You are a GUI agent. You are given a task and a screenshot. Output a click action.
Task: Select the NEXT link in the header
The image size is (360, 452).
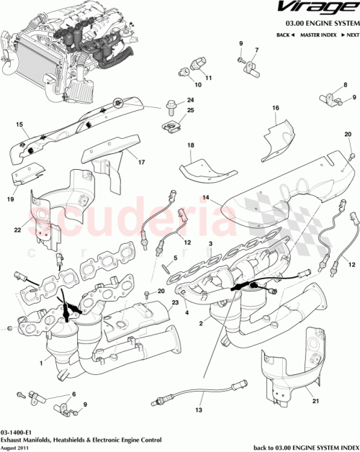tap(351, 35)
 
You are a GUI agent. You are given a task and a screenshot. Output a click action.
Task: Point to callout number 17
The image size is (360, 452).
tap(142, 162)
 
